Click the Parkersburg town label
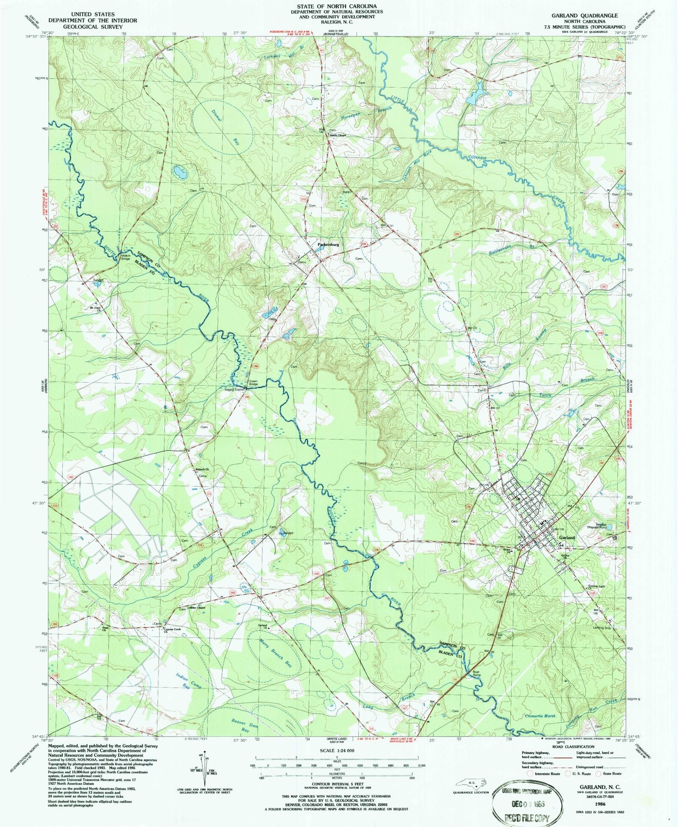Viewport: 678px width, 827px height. [328, 244]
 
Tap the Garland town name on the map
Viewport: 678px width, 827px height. [567, 538]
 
